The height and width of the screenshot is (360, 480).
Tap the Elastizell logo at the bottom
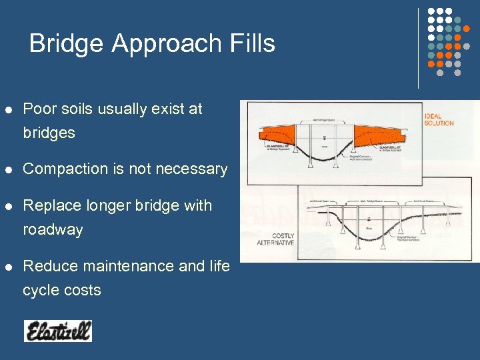pyautogui.click(x=58, y=331)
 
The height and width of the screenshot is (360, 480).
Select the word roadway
pyautogui.click(x=53, y=230)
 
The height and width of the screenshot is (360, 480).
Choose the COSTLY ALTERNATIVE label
pyautogui.click(x=275, y=239)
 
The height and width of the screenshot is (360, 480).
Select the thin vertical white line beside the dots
pyautogui.click(x=418, y=48)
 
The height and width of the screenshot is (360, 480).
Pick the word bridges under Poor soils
pyautogui.click(x=49, y=133)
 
